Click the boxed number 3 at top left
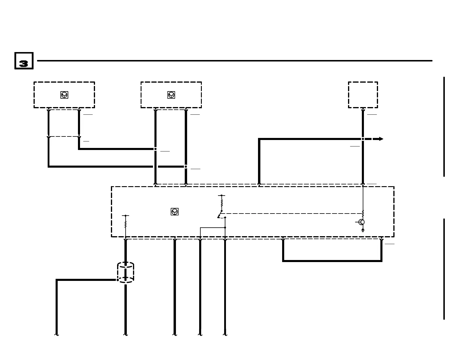coord(24,61)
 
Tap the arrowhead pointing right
coord(381,139)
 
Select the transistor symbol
coord(362,222)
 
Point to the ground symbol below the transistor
coord(363,230)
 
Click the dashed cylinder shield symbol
coord(126,272)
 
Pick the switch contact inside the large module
coord(220,214)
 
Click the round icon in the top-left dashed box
coord(64,95)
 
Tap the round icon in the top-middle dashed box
coord(171,95)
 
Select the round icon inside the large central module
coord(174,212)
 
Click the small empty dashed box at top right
coord(363,95)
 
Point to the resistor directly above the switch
coord(222,203)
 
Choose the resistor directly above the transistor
coord(363,213)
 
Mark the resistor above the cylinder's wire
coord(126,225)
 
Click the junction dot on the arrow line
coord(363,139)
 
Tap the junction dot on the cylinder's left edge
coord(118,280)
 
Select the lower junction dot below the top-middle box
coord(186,166)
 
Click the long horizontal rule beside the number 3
coord(234,61)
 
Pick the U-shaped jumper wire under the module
coord(332,261)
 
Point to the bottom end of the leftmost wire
coord(56,334)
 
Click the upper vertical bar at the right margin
coord(444,126)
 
